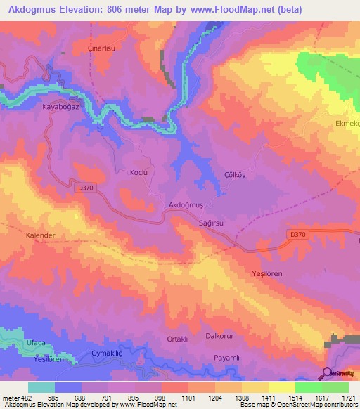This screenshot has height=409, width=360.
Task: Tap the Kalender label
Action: click(41, 235)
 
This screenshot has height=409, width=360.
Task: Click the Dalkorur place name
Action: click(219, 336)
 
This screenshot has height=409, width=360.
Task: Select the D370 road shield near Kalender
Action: click(86, 187)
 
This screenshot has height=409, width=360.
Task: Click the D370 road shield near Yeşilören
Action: click(297, 235)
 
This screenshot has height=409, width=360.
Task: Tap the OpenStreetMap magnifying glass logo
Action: click(326, 373)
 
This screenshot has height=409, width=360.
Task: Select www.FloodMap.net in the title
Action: click(271, 10)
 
